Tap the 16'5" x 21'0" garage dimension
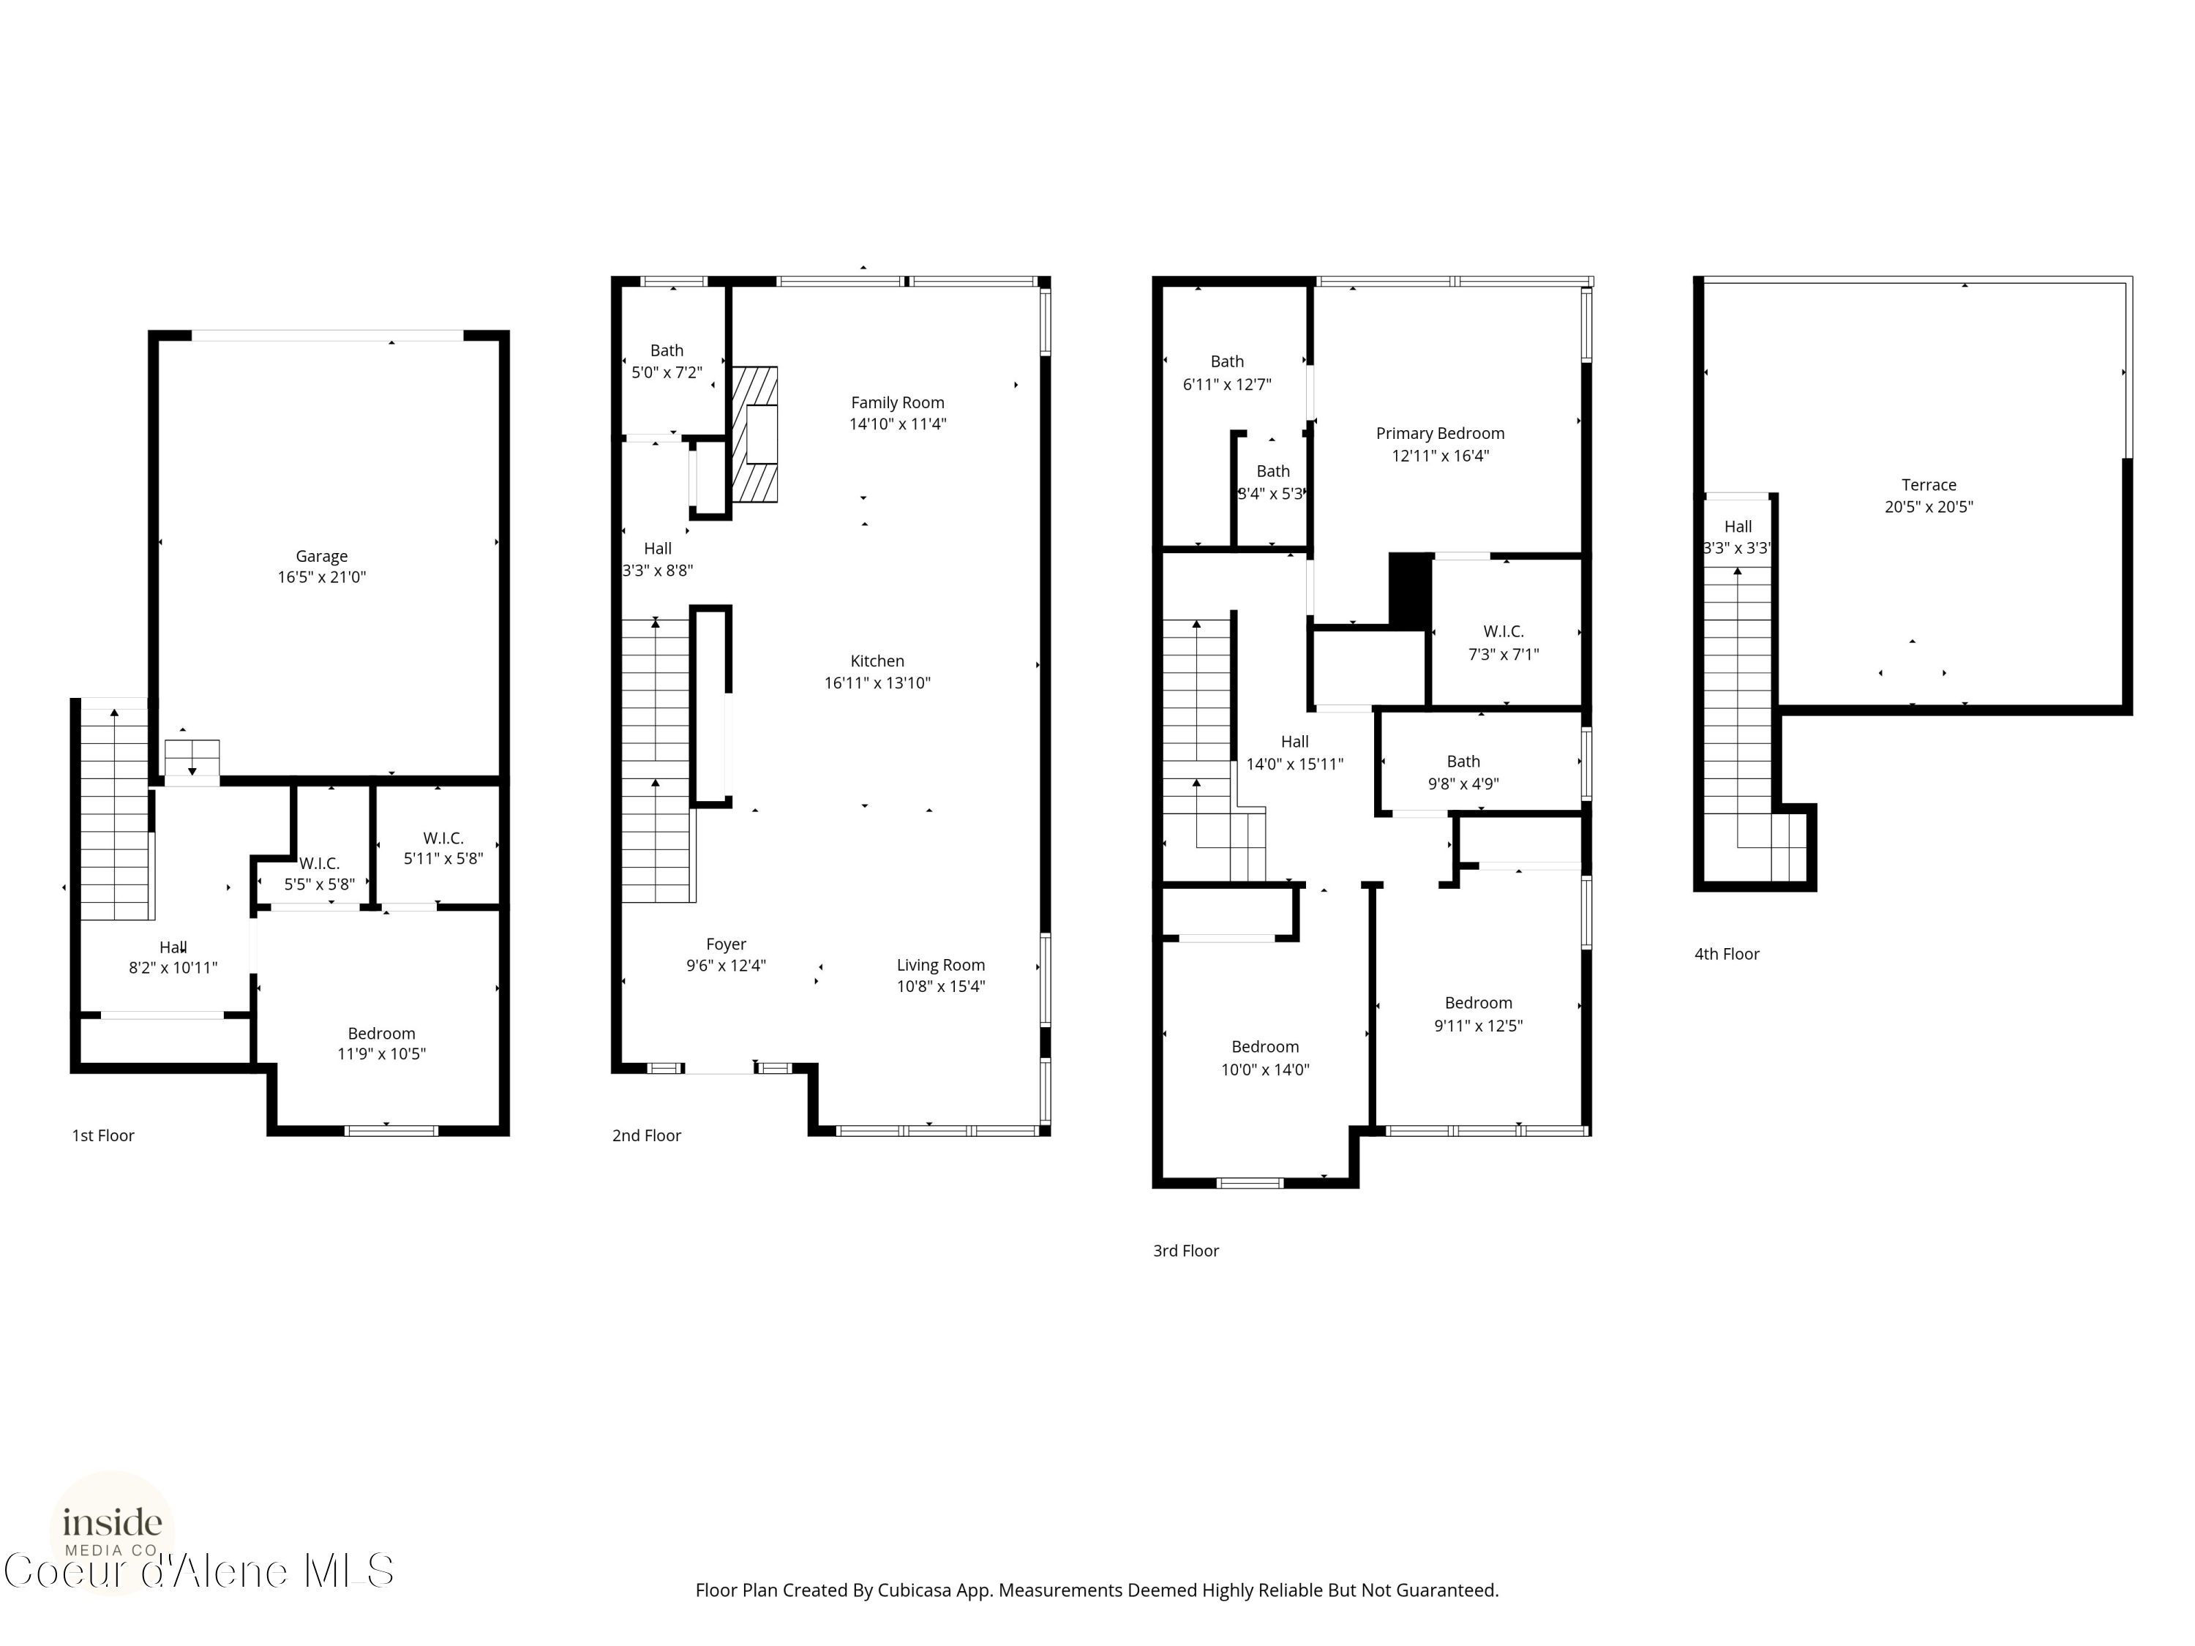[x=321, y=577]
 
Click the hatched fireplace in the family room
[x=755, y=435]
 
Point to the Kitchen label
[x=877, y=661]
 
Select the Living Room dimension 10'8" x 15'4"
[x=941, y=986]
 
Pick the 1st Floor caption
[x=103, y=1135]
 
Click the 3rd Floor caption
[x=1186, y=1251]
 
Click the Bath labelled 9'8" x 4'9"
[x=1463, y=772]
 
